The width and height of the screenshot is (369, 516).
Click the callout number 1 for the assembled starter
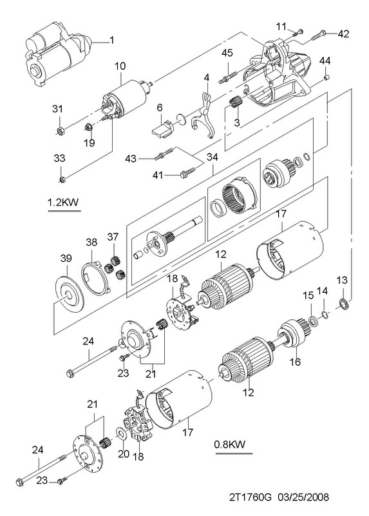pos(111,41)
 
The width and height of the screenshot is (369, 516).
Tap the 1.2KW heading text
pos(64,202)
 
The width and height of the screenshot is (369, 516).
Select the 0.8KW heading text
pos(230,444)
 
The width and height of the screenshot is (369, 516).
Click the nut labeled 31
pos(59,132)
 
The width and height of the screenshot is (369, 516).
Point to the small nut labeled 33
pos(62,179)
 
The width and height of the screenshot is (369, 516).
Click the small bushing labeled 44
pos(327,77)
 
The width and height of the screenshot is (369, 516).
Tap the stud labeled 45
pos(227,77)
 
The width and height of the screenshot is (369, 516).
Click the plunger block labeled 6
pos(163,128)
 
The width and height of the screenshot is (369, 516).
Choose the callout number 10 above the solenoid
pos(120,66)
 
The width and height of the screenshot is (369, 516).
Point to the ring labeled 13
pos(344,303)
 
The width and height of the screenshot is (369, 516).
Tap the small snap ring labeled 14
pos(324,315)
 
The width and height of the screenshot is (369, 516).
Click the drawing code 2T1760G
pos(251,497)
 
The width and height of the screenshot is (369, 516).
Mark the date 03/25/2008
pos(303,497)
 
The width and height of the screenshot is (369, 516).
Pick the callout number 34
pos(213,157)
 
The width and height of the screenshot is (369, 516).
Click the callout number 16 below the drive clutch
pos(295,362)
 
